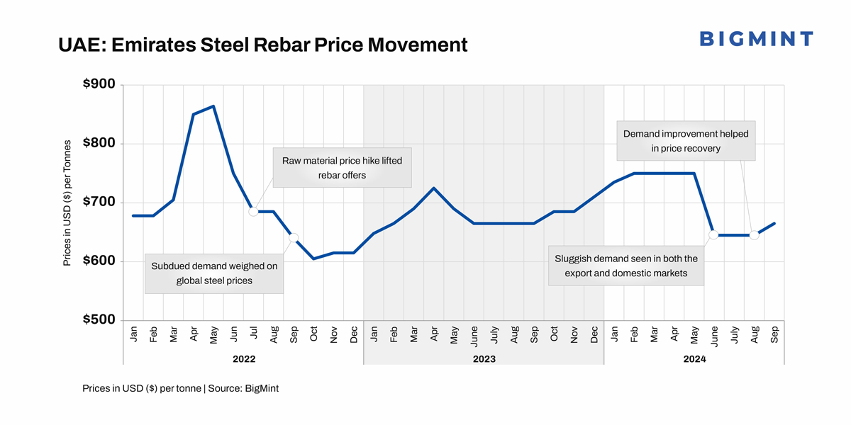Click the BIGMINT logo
pos(756,39)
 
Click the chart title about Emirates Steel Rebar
pos(263,45)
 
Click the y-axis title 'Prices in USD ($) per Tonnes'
pos(67,203)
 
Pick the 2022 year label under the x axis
pos(243,359)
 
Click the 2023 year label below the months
pos(484,359)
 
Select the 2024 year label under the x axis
pos(694,359)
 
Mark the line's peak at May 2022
pos(213,106)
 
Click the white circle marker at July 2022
pos(253,211)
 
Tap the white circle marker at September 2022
pos(294,238)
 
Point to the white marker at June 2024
pos(714,234)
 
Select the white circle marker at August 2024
pos(754,235)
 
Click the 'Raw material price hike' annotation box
pos(342,168)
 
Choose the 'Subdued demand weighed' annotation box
pos(214,273)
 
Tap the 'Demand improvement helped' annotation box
pos(685,141)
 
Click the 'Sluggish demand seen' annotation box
pos(626,266)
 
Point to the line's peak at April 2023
pos(433,188)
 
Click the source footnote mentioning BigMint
pos(180,389)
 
